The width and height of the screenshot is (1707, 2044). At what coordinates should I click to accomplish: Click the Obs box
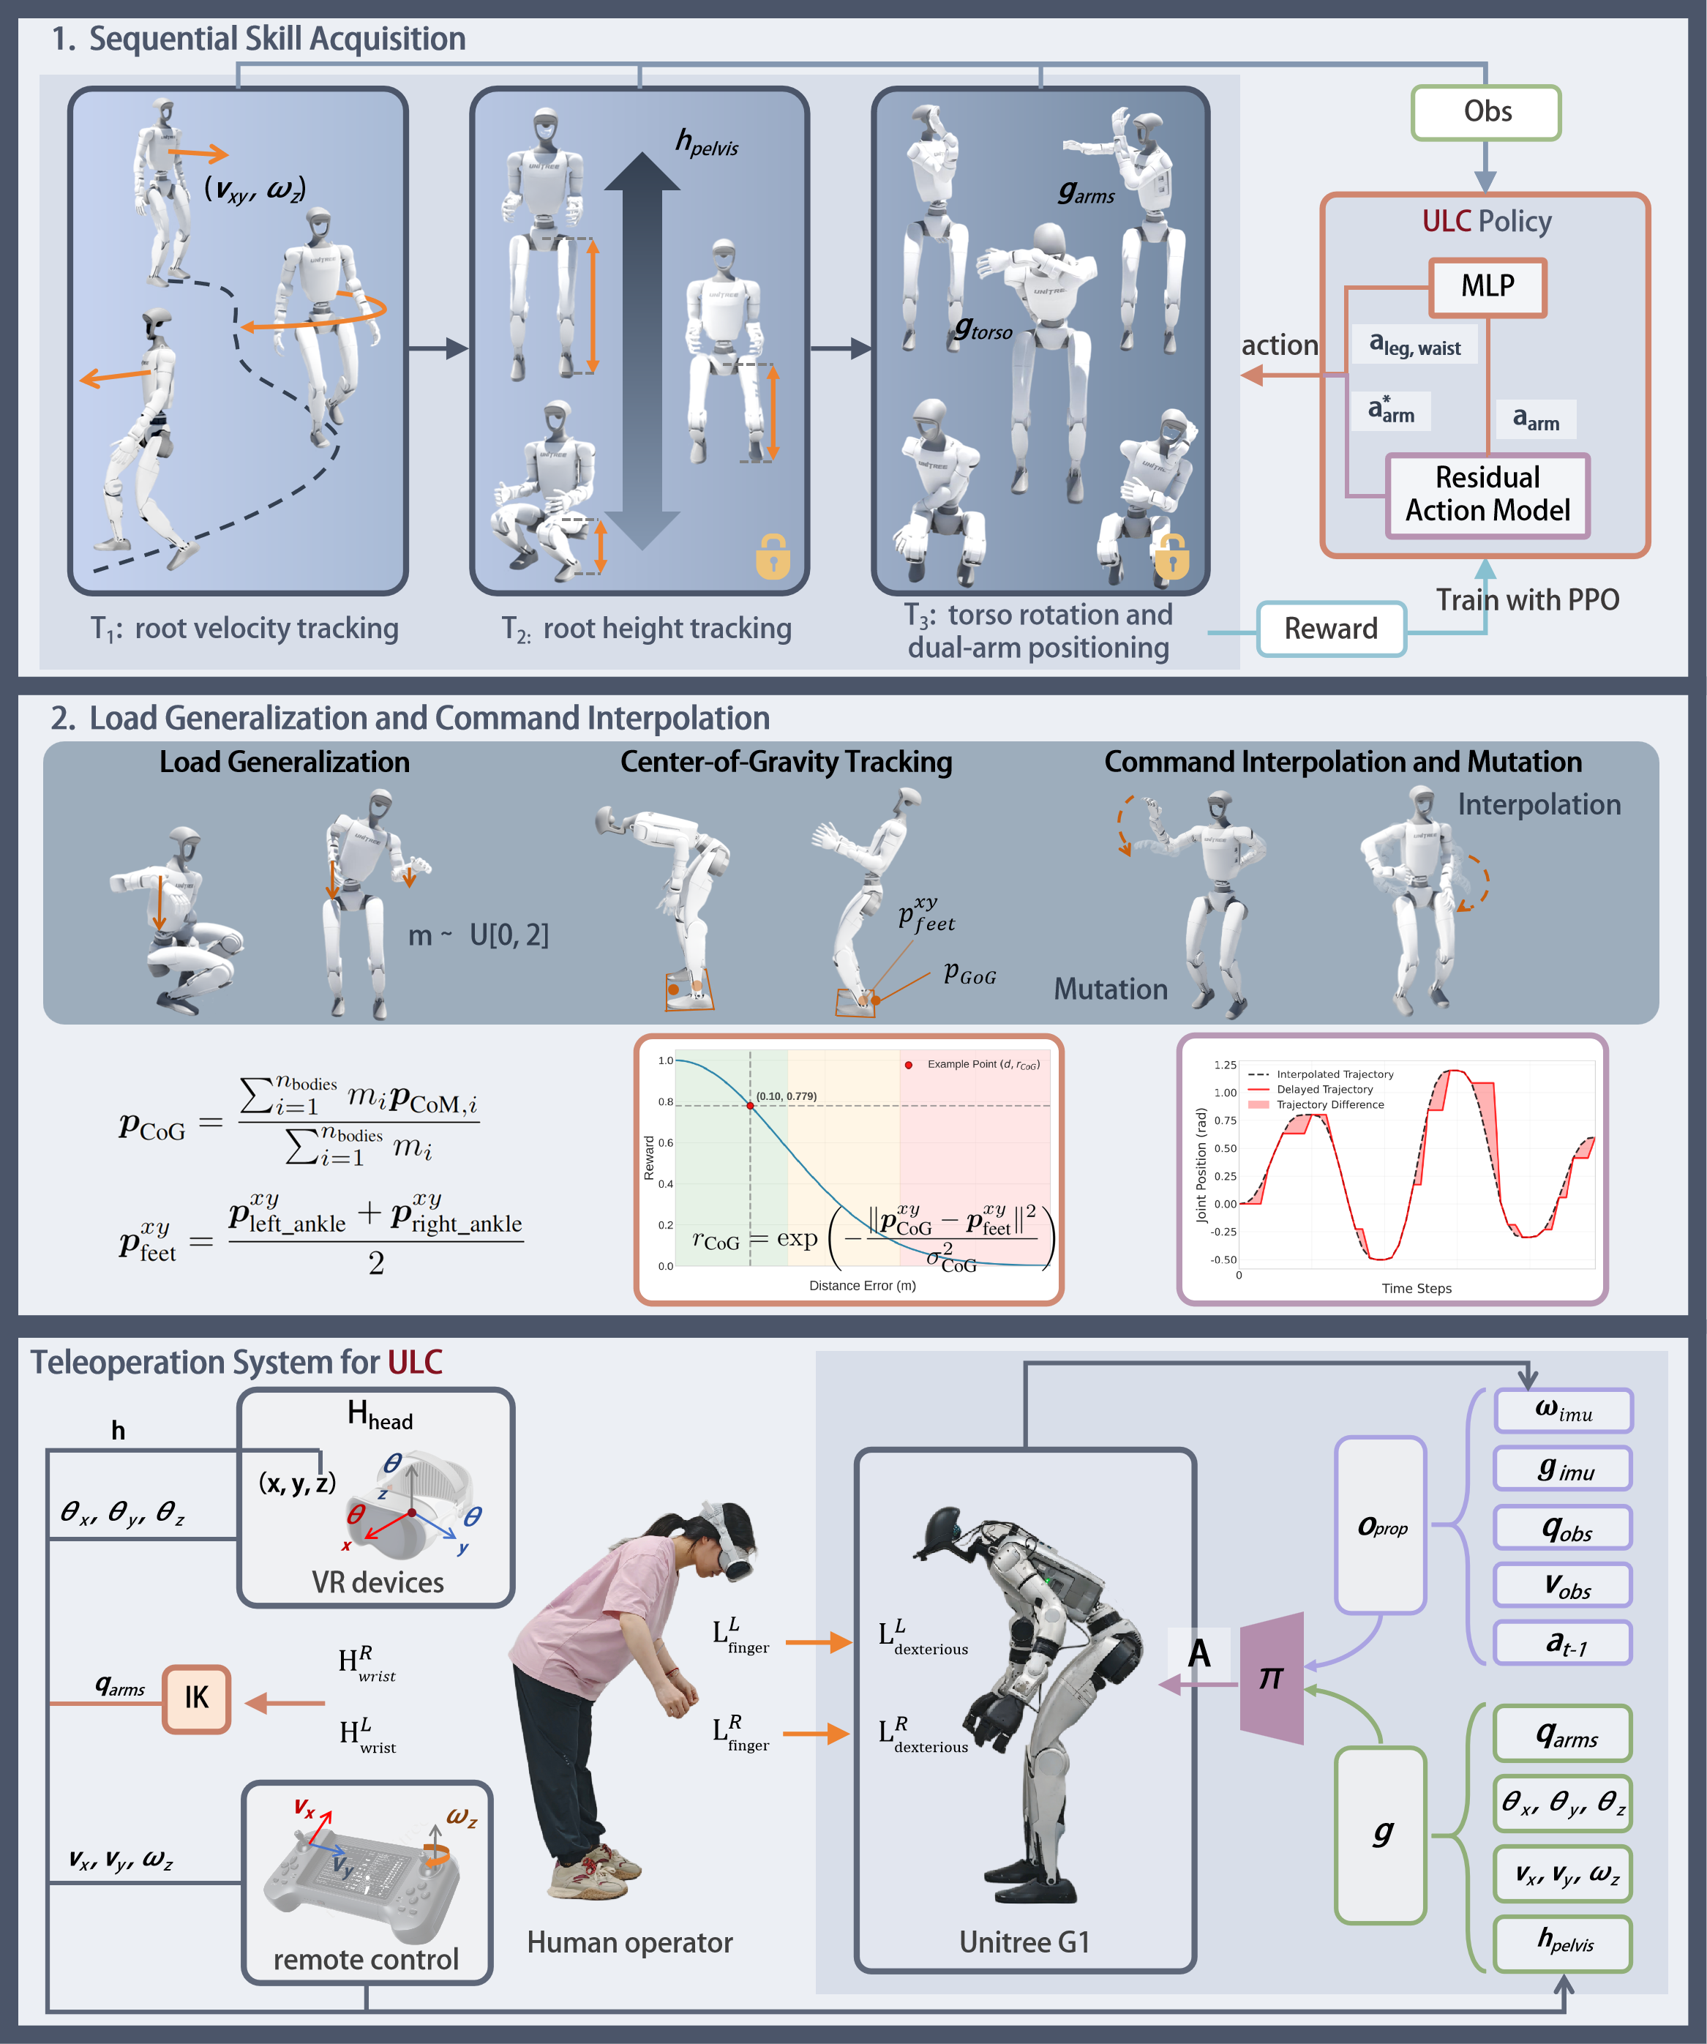[1486, 113]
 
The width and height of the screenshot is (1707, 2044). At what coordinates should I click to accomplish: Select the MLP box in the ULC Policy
[1487, 287]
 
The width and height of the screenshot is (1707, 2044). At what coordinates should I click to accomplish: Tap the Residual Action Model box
[1487, 495]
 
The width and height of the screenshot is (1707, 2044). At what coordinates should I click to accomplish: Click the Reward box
[1330, 629]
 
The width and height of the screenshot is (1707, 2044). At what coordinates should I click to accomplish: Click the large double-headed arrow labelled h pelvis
[642, 351]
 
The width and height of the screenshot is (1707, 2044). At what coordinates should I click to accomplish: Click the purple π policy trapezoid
[1272, 1678]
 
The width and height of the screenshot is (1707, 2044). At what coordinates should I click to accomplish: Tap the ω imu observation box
[1563, 1410]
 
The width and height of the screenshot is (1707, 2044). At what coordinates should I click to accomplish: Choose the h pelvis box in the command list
[1563, 1944]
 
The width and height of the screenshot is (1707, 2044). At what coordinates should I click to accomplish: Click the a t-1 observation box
[1563, 1644]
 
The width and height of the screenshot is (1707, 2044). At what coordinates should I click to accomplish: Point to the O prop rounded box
[1381, 1526]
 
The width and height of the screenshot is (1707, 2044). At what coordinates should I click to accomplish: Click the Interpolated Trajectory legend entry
[1333, 1074]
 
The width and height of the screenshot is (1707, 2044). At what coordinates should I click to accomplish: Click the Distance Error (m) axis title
[862, 1286]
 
